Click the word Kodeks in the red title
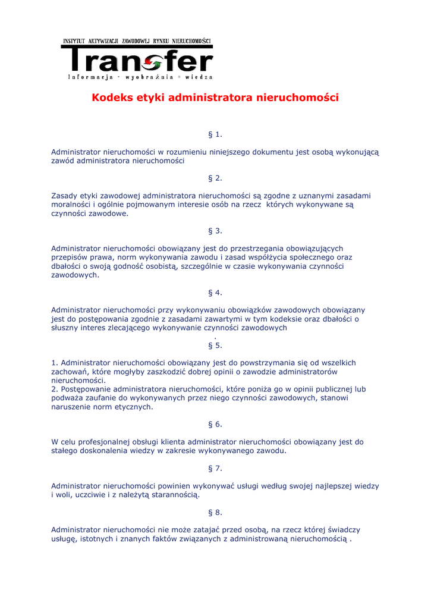tap(111, 98)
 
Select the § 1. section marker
tap(215, 135)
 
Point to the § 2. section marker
tap(215, 178)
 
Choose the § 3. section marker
tap(215, 231)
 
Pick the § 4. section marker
tap(215, 293)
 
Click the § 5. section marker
tap(215, 346)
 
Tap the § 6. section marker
tap(215, 425)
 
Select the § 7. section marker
tap(215, 469)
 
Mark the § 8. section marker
tap(215, 513)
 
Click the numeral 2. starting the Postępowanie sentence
tap(55, 389)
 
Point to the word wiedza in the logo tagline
tap(199, 77)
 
